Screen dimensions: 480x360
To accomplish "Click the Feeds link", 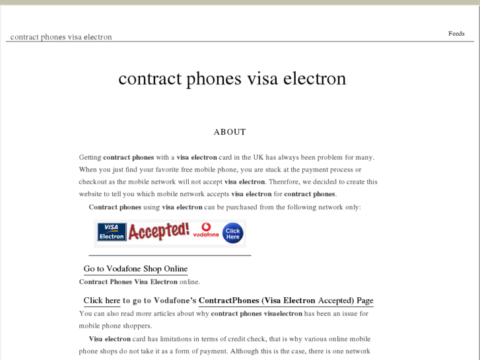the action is (x=456, y=34).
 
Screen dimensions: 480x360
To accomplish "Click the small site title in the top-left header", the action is (x=61, y=37).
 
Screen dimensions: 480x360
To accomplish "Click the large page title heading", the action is (x=232, y=79).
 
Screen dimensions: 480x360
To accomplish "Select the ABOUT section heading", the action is (x=230, y=132).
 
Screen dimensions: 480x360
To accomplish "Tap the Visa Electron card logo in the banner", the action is (x=112, y=232).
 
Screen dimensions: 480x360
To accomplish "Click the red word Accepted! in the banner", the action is (x=158, y=231).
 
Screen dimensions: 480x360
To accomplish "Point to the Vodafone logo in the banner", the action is (x=206, y=231).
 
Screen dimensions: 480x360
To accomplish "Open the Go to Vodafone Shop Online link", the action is (x=135, y=269).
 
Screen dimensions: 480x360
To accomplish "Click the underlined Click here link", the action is (x=102, y=301).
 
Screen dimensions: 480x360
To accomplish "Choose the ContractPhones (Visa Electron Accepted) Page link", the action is (x=286, y=301).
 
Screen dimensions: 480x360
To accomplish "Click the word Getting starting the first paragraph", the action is (x=90, y=158).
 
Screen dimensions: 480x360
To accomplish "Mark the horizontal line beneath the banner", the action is (x=170, y=255).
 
